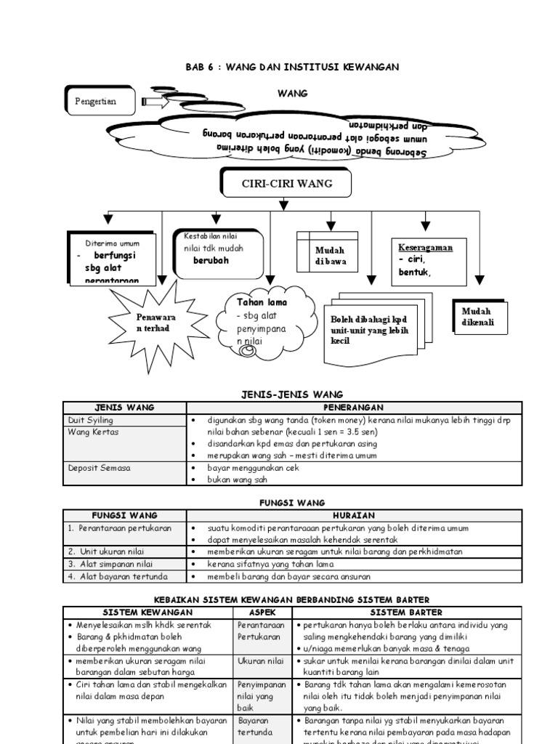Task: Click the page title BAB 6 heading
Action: coord(292,67)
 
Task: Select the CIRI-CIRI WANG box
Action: coord(286,183)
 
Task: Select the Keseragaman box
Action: coord(428,261)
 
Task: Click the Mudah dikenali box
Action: coord(480,316)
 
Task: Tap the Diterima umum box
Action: coord(111,258)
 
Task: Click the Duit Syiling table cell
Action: coord(90,420)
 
